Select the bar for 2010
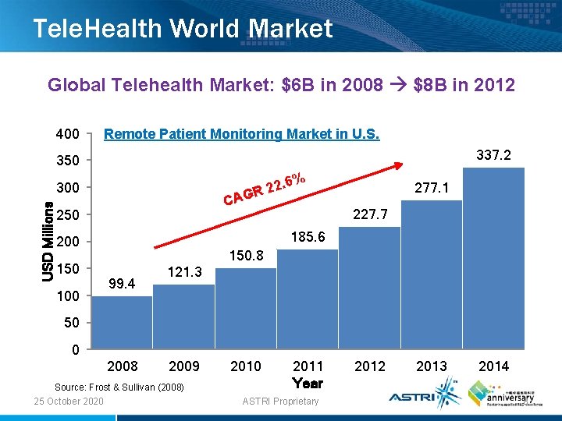(x=246, y=308)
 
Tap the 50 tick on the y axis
(x=72, y=323)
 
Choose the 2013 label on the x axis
(x=432, y=366)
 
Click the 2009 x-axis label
(x=184, y=366)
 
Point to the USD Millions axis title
(x=48, y=241)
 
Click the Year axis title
(x=308, y=383)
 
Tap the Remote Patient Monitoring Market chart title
(x=242, y=134)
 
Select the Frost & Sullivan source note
(x=119, y=387)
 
